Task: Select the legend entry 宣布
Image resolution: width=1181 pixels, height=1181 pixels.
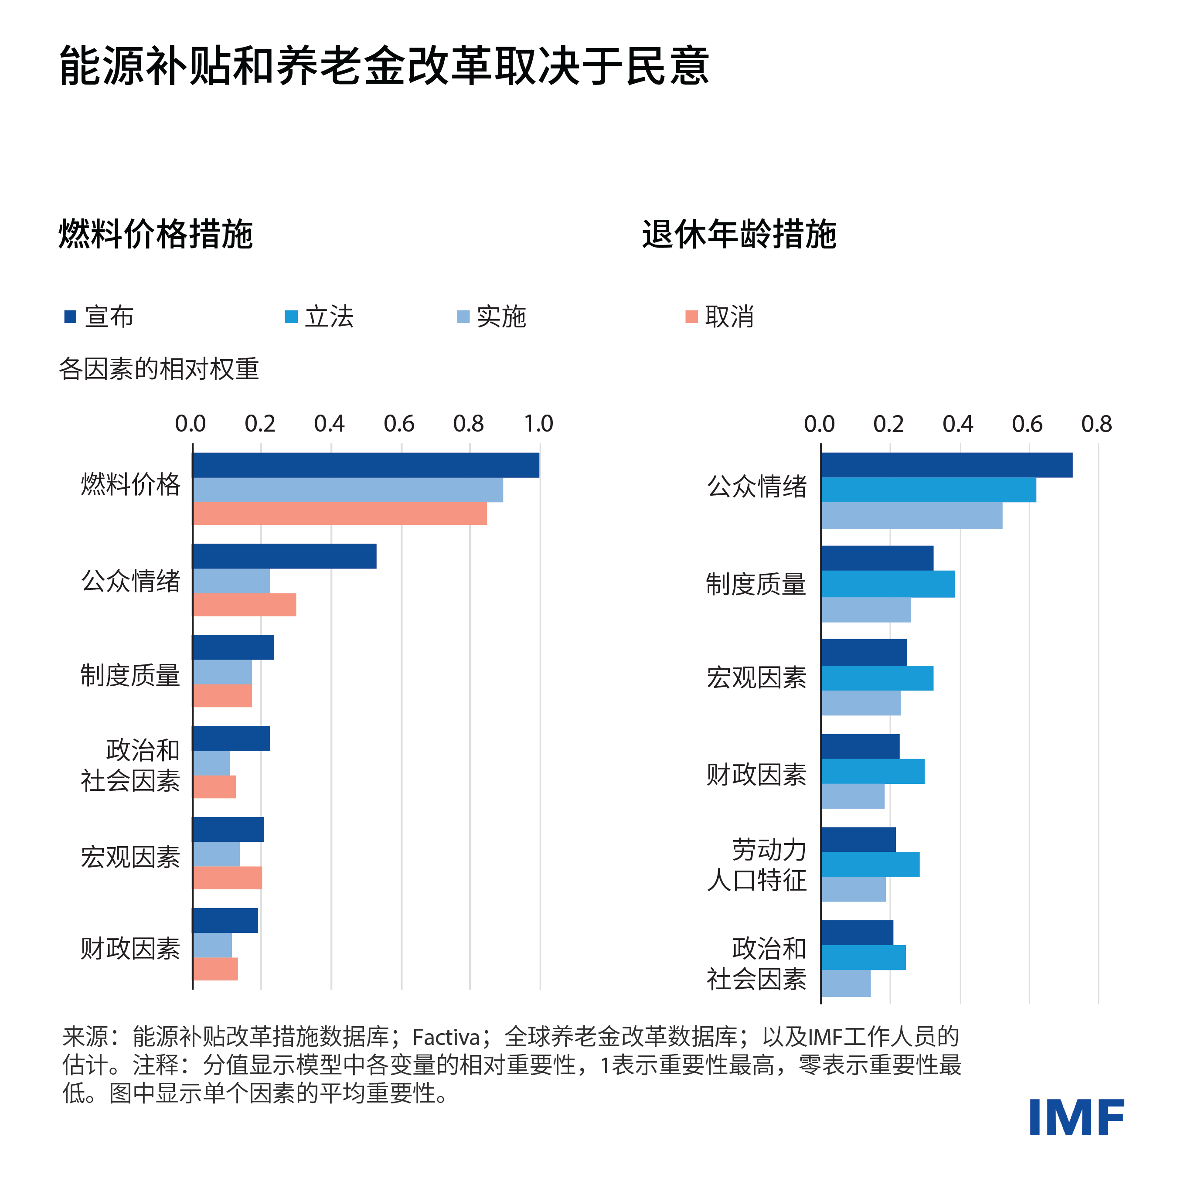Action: [x=99, y=317]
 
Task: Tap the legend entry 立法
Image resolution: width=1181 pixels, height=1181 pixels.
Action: [x=319, y=317]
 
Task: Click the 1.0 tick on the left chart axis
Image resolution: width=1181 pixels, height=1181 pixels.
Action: [x=538, y=424]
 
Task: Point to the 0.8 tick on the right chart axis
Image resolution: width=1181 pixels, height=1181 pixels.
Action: [x=1097, y=424]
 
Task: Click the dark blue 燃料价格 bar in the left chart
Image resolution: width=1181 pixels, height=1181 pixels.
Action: [x=365, y=465]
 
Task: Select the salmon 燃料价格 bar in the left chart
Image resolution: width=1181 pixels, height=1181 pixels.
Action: [x=340, y=514]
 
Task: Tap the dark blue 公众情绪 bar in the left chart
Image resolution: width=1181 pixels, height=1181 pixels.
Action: [x=284, y=556]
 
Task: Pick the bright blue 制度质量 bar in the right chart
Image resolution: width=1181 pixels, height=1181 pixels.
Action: [x=888, y=584]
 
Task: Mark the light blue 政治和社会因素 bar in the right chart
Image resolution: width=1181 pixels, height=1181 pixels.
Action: [x=846, y=984]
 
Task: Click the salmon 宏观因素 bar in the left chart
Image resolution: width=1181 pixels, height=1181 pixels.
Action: [x=228, y=878]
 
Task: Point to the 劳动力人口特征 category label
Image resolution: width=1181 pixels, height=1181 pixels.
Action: [x=757, y=865]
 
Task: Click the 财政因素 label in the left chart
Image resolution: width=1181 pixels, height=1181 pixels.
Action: [x=130, y=949]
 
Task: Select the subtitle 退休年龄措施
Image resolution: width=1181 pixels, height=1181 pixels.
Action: [x=739, y=234]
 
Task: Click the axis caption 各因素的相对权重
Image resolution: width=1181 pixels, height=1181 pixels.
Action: [x=159, y=369]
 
